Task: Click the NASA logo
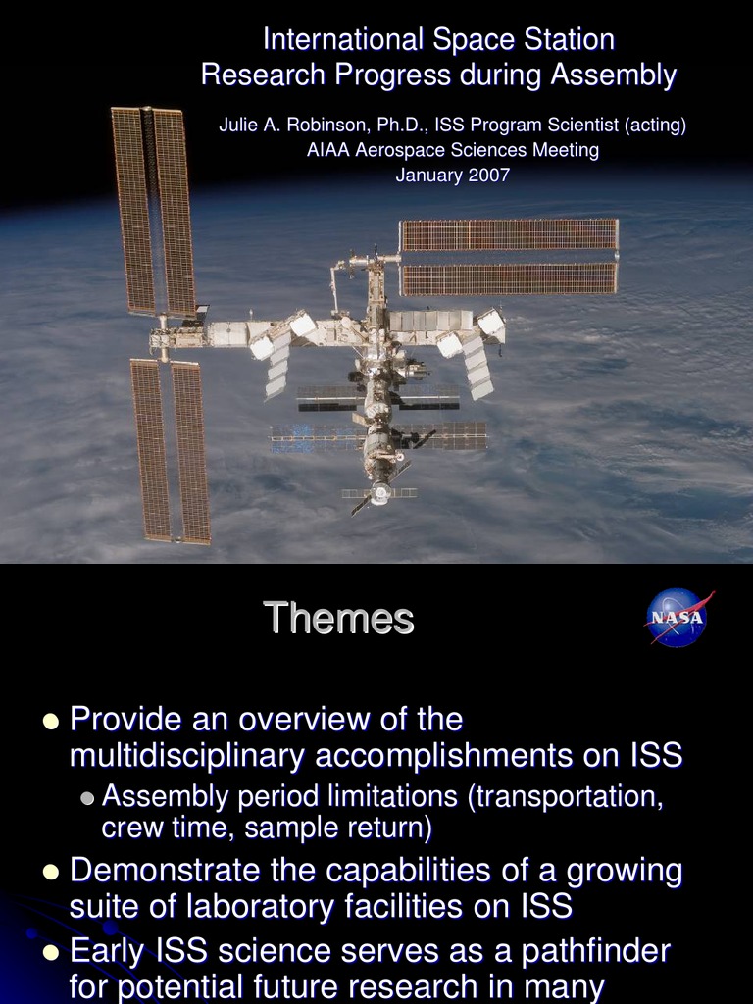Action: (677, 618)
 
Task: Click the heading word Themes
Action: (338, 619)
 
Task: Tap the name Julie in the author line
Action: (239, 125)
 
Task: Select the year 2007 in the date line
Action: (487, 176)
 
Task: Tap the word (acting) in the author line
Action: (655, 125)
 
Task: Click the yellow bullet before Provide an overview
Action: (51, 722)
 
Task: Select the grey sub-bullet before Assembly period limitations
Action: (87, 797)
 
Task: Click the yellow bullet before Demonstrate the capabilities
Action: (51, 872)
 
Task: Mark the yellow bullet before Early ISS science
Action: (51, 952)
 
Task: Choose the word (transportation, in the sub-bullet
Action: (568, 795)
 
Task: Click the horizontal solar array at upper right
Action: (509, 257)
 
